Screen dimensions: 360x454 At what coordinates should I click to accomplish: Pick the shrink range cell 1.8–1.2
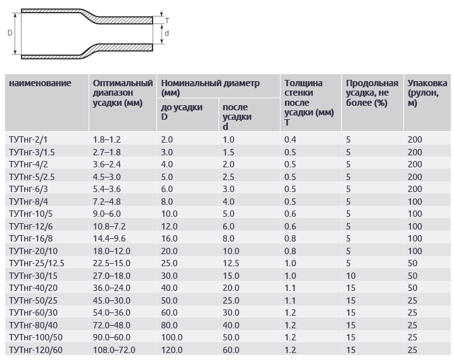pos(106,139)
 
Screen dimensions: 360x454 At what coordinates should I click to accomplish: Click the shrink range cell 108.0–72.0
pos(114,350)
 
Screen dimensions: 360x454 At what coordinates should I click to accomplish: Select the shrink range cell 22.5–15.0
pos(111,263)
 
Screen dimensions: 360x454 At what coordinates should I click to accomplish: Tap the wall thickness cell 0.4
pos(291,139)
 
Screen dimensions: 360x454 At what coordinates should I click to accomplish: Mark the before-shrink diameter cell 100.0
pos(172,338)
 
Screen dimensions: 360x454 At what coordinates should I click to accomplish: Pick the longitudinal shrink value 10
pos(350,276)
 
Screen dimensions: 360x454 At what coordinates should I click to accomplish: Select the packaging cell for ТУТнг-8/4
pos(415,201)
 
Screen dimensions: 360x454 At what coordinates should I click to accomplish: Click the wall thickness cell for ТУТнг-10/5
pos(291,214)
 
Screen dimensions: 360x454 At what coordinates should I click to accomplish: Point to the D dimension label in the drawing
pos(9,32)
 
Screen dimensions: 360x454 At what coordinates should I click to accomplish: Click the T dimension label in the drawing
pos(167,20)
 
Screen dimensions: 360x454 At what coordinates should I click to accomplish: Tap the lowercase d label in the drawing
pos(166,32)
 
